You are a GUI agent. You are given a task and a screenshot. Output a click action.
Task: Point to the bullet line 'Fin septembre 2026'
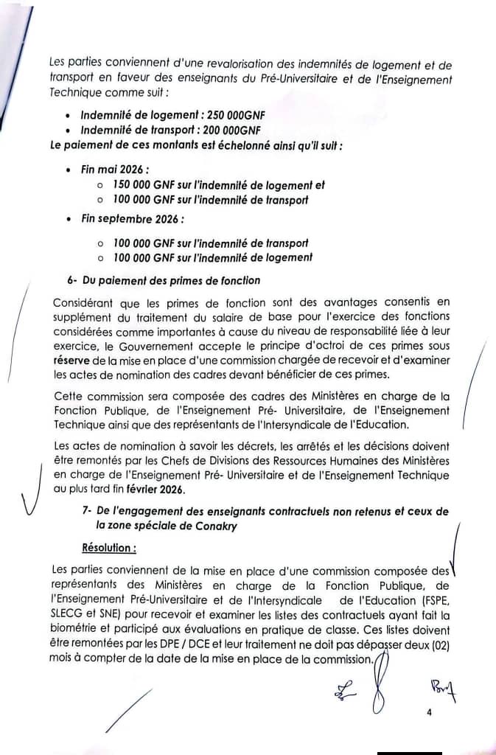coord(132,219)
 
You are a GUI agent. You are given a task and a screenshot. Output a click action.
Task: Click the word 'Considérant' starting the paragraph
coord(83,302)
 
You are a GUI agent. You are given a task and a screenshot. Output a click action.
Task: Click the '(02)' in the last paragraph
coord(436,646)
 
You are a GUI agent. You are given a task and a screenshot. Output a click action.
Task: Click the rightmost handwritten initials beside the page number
coord(442,691)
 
